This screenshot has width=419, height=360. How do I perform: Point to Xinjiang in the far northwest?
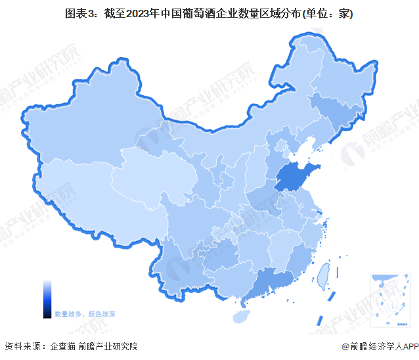pyautogui.click(x=85, y=131)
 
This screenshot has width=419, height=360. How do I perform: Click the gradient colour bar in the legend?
pyautogui.click(x=47, y=299)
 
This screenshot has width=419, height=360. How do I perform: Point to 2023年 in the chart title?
pyautogui.click(x=148, y=14)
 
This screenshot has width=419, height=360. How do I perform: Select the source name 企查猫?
pyautogui.click(x=62, y=346)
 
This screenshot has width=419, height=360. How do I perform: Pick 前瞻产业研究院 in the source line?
pyautogui.click(x=108, y=346)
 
